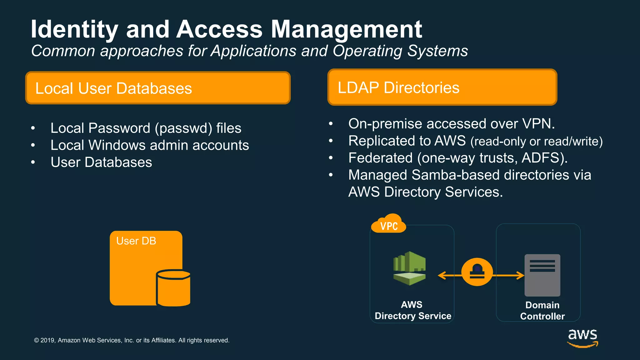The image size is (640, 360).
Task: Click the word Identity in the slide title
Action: (x=74, y=29)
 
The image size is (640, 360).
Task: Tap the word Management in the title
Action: (x=346, y=29)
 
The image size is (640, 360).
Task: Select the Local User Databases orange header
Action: (x=158, y=88)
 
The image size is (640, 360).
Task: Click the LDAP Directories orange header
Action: (x=442, y=87)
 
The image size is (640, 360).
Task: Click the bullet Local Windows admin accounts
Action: (x=149, y=145)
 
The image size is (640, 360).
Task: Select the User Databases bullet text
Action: (x=101, y=162)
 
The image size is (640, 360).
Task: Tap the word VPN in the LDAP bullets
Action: (x=537, y=124)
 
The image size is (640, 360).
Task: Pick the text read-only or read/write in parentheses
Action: (x=536, y=142)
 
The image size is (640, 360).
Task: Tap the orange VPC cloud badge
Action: (x=389, y=224)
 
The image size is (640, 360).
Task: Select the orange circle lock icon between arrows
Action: (x=477, y=272)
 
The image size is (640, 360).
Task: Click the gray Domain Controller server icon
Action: (x=542, y=275)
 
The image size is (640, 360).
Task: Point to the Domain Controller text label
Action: (x=542, y=311)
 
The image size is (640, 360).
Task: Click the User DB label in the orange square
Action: (x=136, y=241)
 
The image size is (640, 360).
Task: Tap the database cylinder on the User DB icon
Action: (x=173, y=288)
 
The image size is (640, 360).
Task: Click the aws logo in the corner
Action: (x=582, y=337)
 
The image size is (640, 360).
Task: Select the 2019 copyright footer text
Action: (x=132, y=340)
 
